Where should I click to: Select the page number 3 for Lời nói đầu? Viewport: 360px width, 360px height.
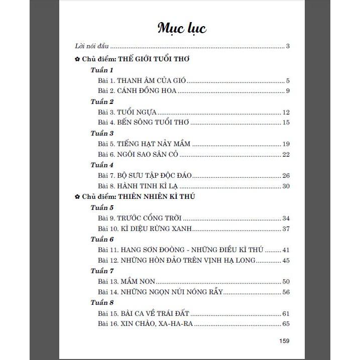coord(288,46)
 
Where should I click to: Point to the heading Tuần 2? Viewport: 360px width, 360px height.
coord(102,102)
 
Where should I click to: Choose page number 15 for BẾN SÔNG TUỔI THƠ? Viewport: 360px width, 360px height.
coord(286,123)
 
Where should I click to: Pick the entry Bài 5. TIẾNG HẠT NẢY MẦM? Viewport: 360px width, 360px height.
coord(145,144)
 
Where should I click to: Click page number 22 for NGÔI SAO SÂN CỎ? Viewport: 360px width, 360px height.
coord(286,154)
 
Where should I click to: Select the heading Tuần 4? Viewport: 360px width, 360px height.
coord(102,165)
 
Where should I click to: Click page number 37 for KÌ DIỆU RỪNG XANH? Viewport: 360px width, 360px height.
coord(286,229)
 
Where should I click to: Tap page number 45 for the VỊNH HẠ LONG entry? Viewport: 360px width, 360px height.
coord(286,260)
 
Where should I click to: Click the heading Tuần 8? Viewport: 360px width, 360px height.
coord(102,303)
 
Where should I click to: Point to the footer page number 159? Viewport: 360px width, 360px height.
coord(284,341)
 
